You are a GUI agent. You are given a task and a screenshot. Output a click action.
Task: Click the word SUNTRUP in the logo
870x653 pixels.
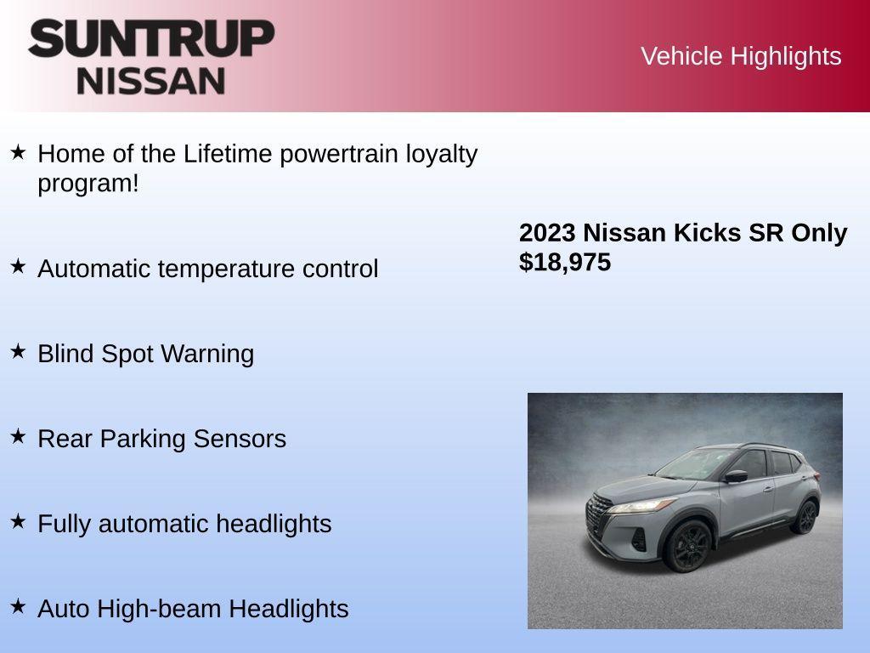151,38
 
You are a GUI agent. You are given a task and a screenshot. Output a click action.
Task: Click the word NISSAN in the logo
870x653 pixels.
151,81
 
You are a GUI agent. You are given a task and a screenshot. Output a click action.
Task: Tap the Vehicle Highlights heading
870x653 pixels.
741,56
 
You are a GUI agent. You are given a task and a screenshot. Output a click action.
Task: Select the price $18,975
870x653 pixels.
565,263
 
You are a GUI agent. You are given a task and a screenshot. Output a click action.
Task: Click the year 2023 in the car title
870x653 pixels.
547,233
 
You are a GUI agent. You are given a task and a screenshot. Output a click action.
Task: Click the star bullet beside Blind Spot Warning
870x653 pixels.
18,351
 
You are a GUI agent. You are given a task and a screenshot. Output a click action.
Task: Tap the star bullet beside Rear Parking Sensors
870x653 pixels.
18,436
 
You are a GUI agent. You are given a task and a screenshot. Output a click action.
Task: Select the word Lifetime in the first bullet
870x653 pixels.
228,154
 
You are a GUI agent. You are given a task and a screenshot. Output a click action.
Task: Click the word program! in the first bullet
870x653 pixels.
88,183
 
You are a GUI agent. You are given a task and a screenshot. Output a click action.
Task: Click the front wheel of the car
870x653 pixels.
687,546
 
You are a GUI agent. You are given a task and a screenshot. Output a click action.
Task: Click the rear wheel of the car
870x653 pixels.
805,517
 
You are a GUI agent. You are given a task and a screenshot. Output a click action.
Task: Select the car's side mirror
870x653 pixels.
736,476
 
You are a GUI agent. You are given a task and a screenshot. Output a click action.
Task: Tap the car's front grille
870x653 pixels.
601,515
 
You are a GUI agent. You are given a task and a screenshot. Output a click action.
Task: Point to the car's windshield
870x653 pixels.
697,464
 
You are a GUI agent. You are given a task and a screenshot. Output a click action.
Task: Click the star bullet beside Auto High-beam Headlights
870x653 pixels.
18,606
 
